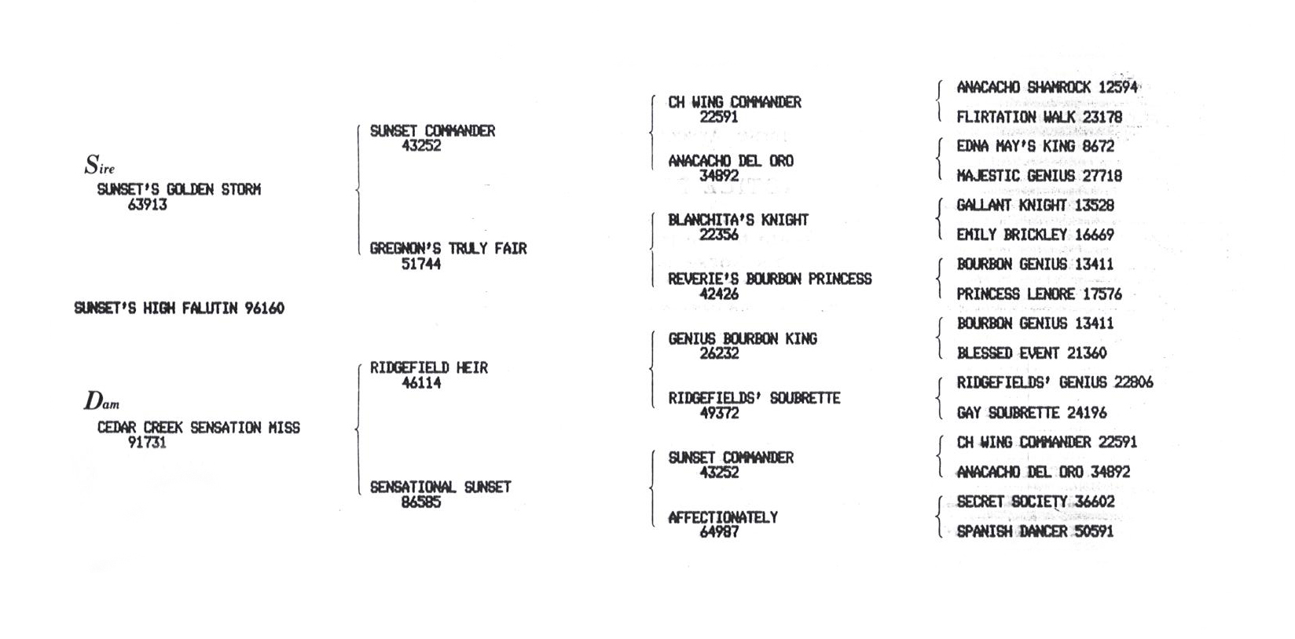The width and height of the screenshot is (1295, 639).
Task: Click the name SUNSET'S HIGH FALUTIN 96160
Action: [179, 309]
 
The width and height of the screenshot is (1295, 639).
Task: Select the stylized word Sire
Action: [100, 165]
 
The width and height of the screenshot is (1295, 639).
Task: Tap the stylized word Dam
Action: [101, 400]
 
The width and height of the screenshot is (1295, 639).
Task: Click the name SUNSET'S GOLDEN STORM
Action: [179, 189]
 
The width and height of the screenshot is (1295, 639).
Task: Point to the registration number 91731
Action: [148, 443]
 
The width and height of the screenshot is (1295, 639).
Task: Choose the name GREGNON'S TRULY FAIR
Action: [449, 249]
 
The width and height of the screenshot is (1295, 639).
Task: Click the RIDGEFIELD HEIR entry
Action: [429, 368]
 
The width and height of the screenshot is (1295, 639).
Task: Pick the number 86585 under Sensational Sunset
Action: [421, 502]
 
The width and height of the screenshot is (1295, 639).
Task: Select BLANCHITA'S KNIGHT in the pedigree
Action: [739, 220]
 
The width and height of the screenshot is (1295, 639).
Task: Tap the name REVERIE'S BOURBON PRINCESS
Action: [770, 279]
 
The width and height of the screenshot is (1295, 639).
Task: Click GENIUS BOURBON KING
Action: [743, 338]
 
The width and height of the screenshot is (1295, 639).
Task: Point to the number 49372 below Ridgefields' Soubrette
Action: [719, 413]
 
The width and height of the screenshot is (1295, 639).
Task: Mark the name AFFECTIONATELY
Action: [723, 517]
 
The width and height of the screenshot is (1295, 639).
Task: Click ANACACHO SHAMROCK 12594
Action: [1047, 88]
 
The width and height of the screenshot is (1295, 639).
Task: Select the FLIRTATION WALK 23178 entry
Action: [1040, 117]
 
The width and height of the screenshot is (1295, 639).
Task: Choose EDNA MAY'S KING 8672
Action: [1036, 147]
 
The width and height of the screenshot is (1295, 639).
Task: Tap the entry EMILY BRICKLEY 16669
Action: [1036, 235]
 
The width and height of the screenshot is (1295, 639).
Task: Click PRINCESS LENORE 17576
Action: [1040, 294]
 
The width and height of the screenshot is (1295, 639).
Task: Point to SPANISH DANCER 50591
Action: [1036, 531]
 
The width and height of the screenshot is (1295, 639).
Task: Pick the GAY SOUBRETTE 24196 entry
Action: [1032, 413]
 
